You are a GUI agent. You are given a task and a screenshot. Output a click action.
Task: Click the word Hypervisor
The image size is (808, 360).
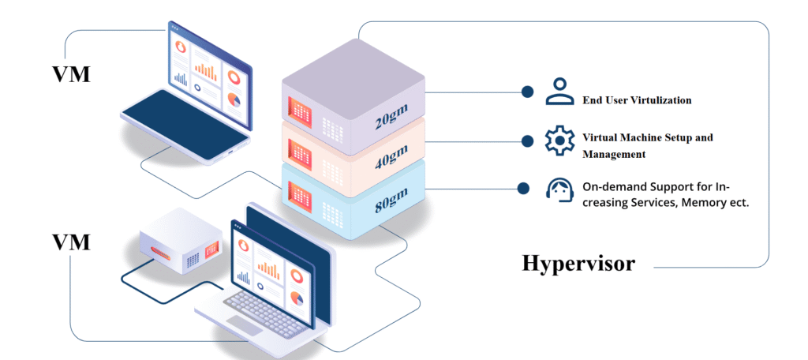(x=578, y=263)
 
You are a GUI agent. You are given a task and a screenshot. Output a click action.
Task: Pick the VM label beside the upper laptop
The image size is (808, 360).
(x=71, y=74)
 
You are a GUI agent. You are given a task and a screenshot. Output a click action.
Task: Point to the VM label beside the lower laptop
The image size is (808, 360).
(x=71, y=242)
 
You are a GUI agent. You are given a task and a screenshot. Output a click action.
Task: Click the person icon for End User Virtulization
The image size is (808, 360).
(x=559, y=92)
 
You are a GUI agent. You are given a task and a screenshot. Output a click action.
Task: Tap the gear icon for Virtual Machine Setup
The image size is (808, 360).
(x=560, y=141)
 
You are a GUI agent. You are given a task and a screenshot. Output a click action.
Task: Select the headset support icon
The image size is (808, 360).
(x=559, y=189)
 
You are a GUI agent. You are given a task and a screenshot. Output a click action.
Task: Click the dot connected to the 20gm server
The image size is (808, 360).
(x=526, y=92)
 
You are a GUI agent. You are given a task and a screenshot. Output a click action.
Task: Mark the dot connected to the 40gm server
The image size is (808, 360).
(x=526, y=141)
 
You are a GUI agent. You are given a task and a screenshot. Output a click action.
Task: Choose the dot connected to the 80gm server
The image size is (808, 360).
(x=522, y=188)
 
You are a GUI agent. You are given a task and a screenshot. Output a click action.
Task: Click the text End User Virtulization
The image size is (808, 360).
(x=637, y=100)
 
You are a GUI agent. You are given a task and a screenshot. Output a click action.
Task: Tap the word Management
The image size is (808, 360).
(x=614, y=154)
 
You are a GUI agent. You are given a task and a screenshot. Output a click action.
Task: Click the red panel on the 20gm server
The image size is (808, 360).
(x=301, y=111)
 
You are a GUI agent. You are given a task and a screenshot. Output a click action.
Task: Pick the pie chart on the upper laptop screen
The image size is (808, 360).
(x=234, y=99)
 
